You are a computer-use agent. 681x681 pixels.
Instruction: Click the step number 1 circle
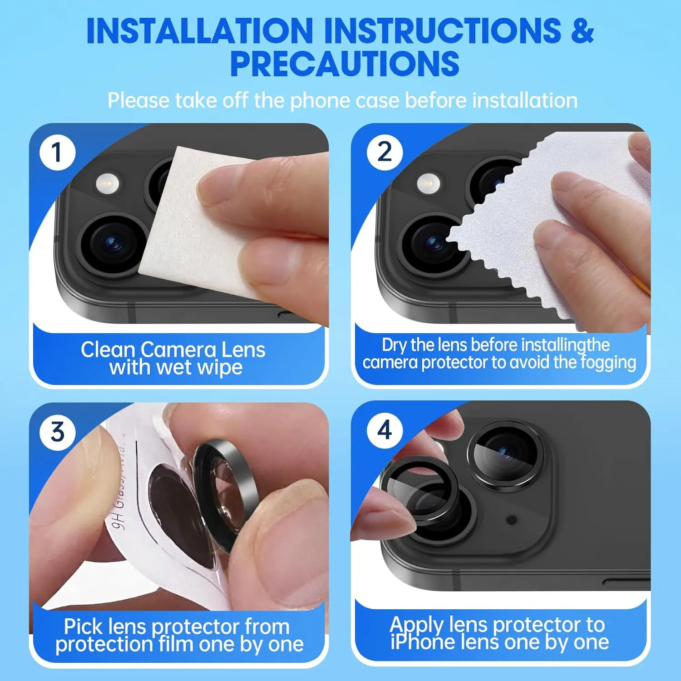(57, 153)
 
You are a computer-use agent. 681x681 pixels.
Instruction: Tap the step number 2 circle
(385, 153)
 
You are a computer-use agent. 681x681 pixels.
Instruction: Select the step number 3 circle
(57, 432)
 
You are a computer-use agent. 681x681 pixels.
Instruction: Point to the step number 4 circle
(385, 430)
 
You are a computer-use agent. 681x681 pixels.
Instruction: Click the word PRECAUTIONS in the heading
(345, 64)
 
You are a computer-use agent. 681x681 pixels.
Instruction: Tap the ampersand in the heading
(582, 31)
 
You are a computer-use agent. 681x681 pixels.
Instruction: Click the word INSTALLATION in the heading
(200, 31)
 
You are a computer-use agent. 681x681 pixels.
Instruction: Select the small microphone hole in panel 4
(512, 519)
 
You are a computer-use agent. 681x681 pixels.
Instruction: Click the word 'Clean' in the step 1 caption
(108, 350)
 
